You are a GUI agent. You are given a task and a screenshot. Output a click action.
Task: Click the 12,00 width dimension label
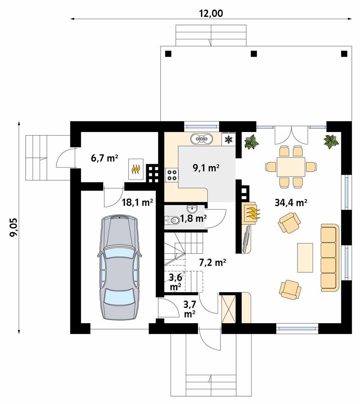(x=211, y=13)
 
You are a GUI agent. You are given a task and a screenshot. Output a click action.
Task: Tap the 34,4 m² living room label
(x=290, y=203)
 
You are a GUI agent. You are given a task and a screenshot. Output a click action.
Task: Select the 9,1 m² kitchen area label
(x=206, y=168)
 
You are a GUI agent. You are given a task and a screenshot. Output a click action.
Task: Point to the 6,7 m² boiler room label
(x=104, y=158)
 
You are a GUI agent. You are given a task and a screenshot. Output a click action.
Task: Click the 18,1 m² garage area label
(x=137, y=202)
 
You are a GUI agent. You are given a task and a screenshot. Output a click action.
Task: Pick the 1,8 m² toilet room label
(x=193, y=218)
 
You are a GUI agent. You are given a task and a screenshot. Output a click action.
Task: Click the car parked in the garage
(x=119, y=267)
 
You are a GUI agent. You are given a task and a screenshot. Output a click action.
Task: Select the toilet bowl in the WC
(x=172, y=221)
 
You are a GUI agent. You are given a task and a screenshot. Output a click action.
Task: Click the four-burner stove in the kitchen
(x=172, y=175)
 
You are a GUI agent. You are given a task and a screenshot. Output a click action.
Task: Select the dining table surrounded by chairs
(x=290, y=166)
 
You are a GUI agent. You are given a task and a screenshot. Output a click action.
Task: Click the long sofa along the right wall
(x=329, y=257)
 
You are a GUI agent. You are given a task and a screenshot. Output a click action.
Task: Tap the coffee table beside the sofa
(x=305, y=257)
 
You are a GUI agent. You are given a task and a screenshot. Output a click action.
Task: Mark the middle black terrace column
(x=254, y=53)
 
